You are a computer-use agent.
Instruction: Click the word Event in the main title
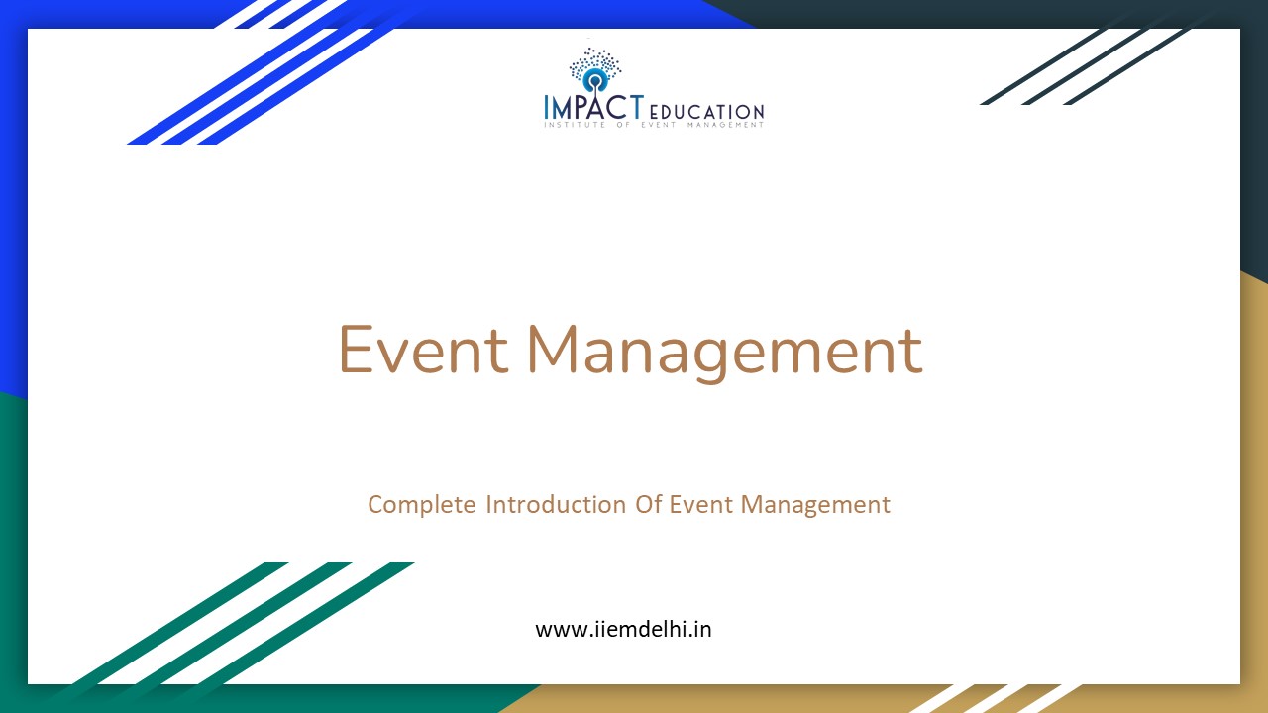click(423, 351)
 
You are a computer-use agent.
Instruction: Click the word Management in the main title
click(724, 351)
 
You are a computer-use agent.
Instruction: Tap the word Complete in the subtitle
click(422, 505)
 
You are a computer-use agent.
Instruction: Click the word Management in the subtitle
click(815, 505)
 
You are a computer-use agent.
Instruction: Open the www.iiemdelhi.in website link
click(623, 629)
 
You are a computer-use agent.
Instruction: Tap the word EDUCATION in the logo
click(706, 112)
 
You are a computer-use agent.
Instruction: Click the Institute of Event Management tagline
click(654, 125)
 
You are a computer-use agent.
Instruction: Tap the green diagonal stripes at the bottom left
click(248, 624)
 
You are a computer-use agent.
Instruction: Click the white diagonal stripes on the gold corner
click(991, 697)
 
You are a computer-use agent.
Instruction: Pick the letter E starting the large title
click(357, 349)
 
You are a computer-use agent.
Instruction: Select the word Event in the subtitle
click(700, 504)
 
